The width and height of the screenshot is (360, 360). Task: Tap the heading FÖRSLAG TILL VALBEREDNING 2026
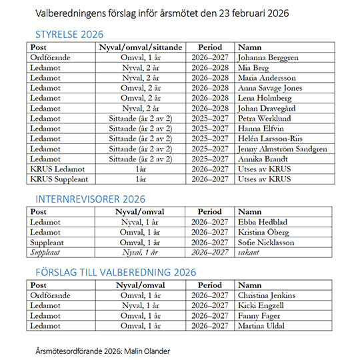(x=116, y=271)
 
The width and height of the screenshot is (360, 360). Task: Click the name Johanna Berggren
(x=268, y=57)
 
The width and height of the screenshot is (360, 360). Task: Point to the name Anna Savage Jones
(x=270, y=88)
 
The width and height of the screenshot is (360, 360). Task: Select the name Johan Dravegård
(x=268, y=108)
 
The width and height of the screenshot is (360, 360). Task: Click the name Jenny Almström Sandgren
(x=282, y=149)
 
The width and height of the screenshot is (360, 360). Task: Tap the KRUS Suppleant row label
(x=57, y=179)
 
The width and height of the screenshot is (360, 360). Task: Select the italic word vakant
(x=249, y=253)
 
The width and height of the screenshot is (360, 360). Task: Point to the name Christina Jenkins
(x=267, y=295)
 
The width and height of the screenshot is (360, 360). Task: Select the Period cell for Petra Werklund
(x=209, y=119)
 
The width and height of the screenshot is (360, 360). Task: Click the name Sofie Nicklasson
(x=267, y=243)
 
